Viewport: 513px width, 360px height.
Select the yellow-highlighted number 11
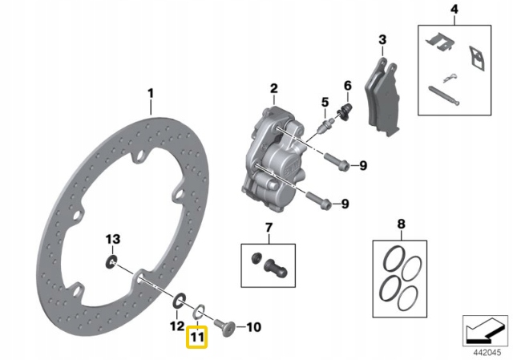pyautogui.click(x=197, y=339)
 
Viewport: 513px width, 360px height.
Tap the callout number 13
pyautogui.click(x=113, y=239)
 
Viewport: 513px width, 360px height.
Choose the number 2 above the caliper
pyautogui.click(x=273, y=88)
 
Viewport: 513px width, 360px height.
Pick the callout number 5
pyautogui.click(x=325, y=102)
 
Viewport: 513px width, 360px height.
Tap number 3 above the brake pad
pyautogui.click(x=382, y=40)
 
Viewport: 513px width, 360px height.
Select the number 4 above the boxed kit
pyautogui.click(x=453, y=10)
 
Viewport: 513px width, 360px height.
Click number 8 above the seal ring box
pyautogui.click(x=402, y=224)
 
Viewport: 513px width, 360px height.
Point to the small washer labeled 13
pyautogui.click(x=111, y=262)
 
